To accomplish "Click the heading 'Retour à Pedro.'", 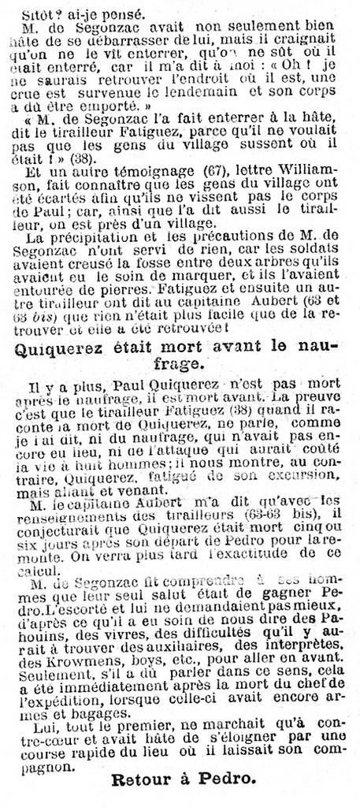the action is tap(183, 780).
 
